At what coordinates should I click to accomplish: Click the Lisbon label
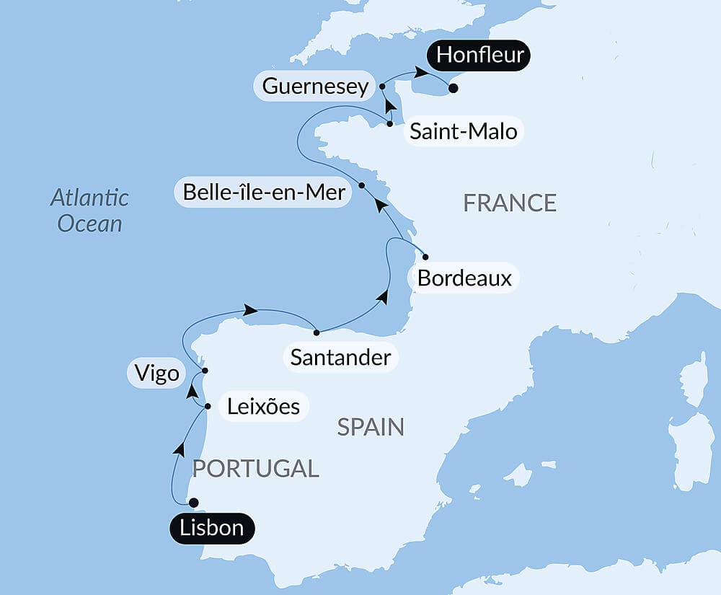tap(212, 528)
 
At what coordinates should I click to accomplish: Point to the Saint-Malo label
tap(463, 132)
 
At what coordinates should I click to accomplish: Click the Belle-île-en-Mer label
tap(264, 193)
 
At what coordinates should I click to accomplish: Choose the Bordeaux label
tap(464, 278)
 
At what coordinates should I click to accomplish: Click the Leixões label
tap(263, 406)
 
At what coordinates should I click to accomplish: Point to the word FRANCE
tap(510, 203)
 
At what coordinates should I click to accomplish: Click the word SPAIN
tap(371, 428)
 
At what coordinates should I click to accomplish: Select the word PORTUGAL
tap(255, 469)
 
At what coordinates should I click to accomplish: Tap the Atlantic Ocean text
tap(90, 210)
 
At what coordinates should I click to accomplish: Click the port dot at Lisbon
tap(193, 503)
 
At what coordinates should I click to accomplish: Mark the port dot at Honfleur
tap(453, 89)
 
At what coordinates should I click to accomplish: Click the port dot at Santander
tap(317, 332)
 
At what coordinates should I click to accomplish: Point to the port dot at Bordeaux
tap(425, 257)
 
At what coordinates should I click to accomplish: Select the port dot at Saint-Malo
tap(390, 124)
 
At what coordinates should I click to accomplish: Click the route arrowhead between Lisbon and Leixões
tap(178, 449)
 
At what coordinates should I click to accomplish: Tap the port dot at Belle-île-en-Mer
tap(362, 185)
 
